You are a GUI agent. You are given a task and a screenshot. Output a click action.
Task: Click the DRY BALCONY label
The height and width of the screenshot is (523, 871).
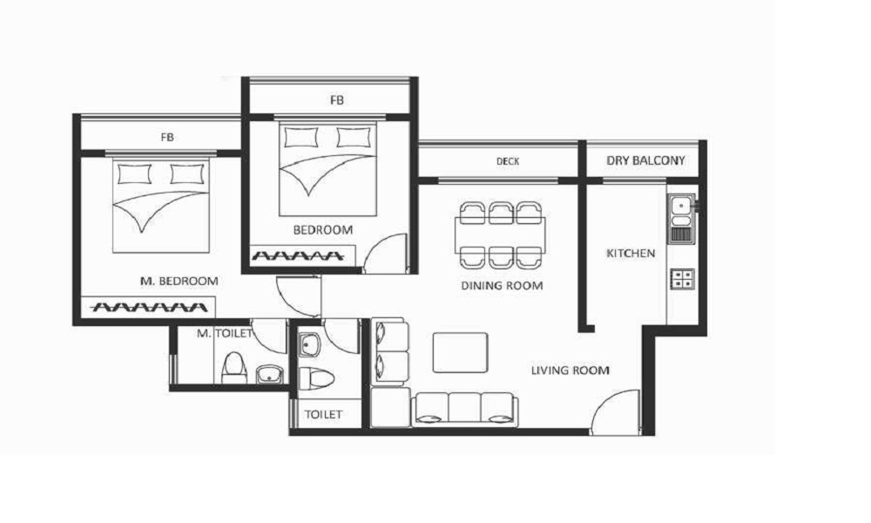coord(645,160)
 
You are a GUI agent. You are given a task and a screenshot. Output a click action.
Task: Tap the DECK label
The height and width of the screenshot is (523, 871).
coord(508,161)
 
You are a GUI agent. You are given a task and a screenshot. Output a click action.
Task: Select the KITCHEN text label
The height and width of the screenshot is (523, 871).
coord(631,254)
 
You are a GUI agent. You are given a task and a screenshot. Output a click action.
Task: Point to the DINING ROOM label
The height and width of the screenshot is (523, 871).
coord(502,286)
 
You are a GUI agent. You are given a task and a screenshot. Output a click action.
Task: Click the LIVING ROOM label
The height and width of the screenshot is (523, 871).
coord(570,370)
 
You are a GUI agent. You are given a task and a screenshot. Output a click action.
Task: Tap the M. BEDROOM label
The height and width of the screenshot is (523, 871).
coord(179,282)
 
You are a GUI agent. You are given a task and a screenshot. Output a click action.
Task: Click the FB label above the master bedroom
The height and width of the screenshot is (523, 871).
coord(167,137)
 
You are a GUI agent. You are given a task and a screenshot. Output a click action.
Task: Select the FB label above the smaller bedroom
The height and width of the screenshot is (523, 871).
coord(336,100)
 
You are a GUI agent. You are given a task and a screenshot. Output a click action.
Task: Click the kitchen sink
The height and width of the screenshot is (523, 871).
coord(681,219)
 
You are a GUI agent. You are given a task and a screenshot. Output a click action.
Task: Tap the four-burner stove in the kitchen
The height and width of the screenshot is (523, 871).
coord(682,278)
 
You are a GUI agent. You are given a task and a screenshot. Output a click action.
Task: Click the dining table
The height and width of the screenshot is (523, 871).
coord(500,235)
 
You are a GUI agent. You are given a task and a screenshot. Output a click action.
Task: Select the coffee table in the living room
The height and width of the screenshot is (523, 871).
coord(461,352)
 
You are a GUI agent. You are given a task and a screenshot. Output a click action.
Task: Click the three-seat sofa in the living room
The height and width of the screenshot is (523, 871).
coord(464,411)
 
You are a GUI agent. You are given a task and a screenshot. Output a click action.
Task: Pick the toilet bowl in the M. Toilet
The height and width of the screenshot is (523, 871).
coord(233,367)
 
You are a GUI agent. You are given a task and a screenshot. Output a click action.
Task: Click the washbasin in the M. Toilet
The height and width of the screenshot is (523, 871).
coord(271,375)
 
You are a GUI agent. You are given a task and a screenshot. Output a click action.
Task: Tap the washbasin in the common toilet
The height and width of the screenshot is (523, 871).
coord(309,344)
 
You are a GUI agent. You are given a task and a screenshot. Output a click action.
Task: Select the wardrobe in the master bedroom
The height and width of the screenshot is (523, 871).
coord(148,307)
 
